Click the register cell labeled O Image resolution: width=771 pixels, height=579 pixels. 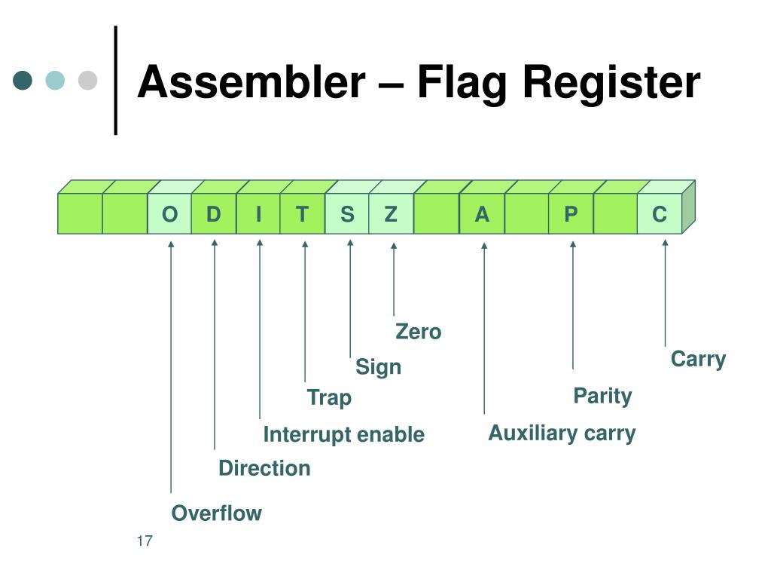(169, 213)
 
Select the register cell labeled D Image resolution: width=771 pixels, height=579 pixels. (214, 213)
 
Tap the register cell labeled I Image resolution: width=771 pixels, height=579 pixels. (259, 213)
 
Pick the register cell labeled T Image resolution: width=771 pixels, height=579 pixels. (303, 213)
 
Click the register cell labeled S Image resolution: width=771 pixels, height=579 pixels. (347, 213)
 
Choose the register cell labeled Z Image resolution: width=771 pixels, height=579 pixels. (392, 213)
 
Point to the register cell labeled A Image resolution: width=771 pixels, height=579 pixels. (482, 213)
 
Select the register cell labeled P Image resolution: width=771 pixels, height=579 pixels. (571, 213)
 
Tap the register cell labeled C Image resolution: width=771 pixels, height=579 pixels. (660, 213)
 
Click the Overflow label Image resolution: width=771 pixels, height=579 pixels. (216, 513)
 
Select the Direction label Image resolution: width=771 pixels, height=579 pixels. (264, 468)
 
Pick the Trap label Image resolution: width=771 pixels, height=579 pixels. (329, 398)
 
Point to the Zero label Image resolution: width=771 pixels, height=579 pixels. (419, 332)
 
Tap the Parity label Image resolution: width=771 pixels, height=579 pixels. (602, 397)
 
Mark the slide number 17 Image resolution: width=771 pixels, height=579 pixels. (145, 541)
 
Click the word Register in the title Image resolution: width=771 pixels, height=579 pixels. (611, 83)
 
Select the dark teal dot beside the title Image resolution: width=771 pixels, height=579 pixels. (23, 80)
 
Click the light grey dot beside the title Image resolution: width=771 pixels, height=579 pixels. (87, 80)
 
